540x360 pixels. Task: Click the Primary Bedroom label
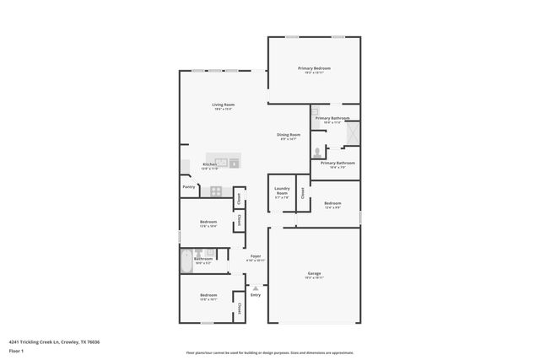tap(314, 67)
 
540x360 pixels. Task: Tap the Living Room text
tap(223, 105)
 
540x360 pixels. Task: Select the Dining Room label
tap(289, 135)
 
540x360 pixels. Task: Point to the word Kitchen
tap(210, 165)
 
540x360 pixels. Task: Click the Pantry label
tap(189, 187)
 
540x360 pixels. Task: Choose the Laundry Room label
tap(282, 191)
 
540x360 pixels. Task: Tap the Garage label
tap(314, 274)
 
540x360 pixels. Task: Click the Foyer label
tap(255, 256)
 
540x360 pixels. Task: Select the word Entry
tap(256, 294)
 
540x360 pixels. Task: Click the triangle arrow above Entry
tap(256, 287)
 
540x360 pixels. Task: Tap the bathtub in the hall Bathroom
tap(186, 263)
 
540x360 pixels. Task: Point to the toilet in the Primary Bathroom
tap(317, 153)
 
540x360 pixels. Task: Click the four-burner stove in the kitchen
tap(216, 191)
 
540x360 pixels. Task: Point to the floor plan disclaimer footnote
tap(269, 353)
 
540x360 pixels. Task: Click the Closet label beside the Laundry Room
tap(302, 192)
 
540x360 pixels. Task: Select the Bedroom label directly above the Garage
tap(332, 203)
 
